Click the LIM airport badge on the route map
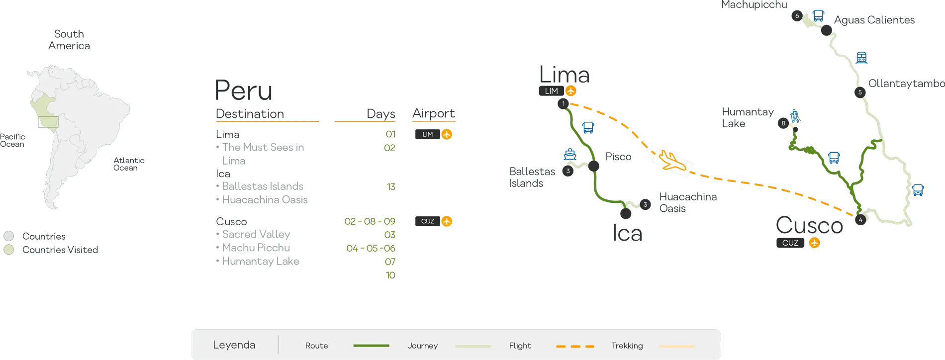pos(552,91)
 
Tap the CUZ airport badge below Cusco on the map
pos(790,243)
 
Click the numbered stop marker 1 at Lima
pos(563,104)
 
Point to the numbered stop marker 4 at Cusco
pos(860,219)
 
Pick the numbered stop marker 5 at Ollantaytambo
pos(860,92)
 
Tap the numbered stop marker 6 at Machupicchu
pos(797,16)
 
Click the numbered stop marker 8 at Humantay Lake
pos(783,123)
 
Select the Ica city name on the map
pos(628,233)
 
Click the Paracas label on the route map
pos(618,157)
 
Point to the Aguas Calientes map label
pos(874,20)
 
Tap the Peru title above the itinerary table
pos(244,90)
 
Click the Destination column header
pos(250,114)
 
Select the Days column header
pos(381,114)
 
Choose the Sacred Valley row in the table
pos(256,234)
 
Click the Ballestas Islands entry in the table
pos(263,186)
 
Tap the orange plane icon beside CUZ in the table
pos(447,221)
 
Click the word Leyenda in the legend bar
pos(234,345)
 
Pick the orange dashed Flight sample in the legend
pos(575,346)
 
